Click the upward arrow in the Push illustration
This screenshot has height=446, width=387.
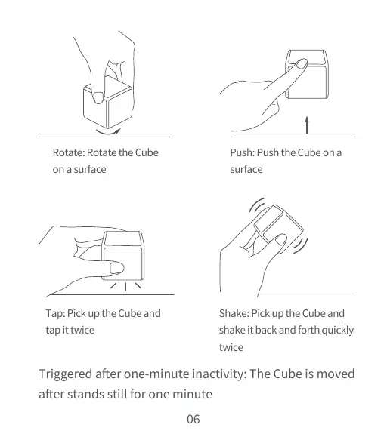307,123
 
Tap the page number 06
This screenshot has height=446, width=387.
193,419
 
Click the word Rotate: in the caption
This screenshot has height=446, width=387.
68,152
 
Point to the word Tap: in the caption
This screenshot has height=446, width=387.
55,313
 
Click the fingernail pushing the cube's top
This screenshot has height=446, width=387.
300,63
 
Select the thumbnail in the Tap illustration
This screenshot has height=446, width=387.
116,267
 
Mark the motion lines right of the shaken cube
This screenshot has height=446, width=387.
305,245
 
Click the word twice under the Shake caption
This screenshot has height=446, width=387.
231,347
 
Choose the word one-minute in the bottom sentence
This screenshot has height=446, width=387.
172,374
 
